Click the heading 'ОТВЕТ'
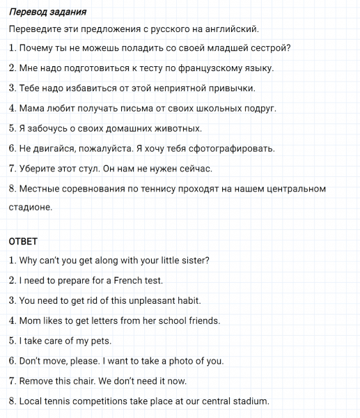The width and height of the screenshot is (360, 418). point(24,241)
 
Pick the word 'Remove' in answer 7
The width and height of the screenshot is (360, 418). point(36,382)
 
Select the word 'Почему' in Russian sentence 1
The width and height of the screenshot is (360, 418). point(36,48)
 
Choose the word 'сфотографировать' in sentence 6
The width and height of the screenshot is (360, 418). point(221,149)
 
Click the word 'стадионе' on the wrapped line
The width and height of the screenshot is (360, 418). point(31,207)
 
